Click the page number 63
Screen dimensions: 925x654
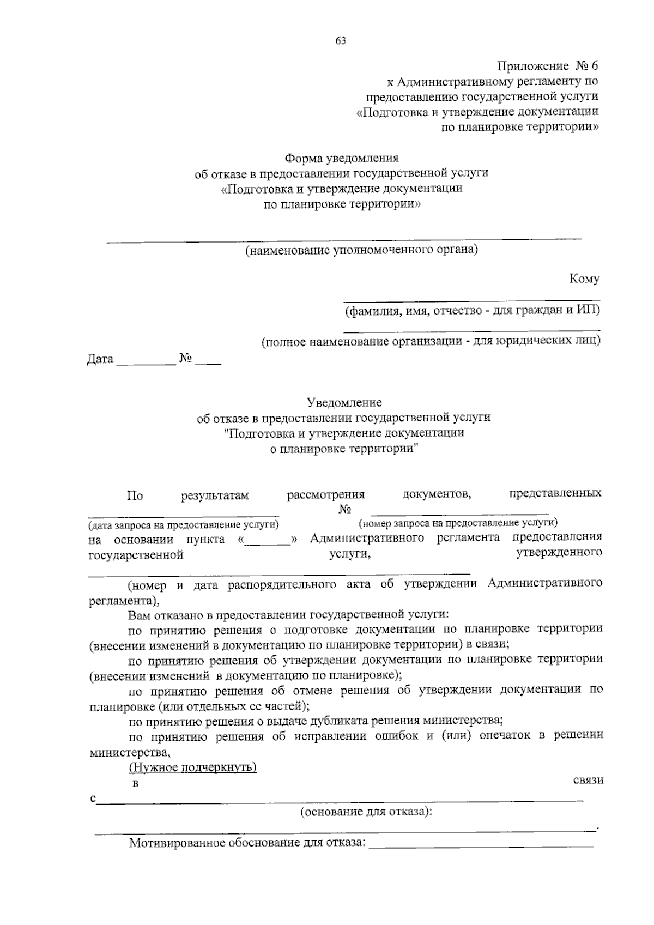tap(341, 41)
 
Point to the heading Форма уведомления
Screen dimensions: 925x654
tap(342, 159)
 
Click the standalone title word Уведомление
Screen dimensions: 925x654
tap(344, 403)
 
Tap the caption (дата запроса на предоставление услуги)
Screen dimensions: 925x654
tap(184, 525)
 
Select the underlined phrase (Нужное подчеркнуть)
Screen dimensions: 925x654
tap(192, 767)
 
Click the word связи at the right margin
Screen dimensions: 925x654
tap(588, 780)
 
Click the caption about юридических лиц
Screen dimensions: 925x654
tap(431, 342)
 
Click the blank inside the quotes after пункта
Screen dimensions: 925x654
tap(268, 540)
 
